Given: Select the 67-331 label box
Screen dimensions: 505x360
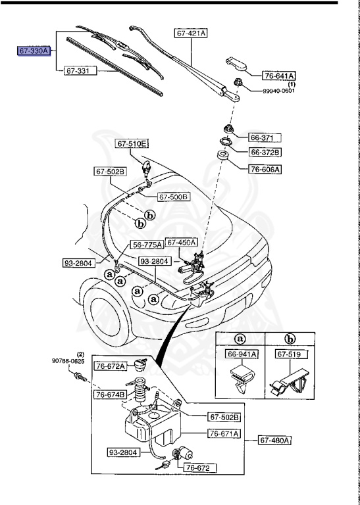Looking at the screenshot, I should [79, 69].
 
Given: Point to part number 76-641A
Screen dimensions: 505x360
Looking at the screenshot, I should [280, 76].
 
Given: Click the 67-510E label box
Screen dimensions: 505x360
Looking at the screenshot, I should [133, 143].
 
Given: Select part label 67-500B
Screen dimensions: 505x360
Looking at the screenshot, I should [174, 197].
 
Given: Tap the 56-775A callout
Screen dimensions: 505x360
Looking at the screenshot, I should [147, 245].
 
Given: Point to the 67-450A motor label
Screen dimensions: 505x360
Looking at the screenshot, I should [181, 242].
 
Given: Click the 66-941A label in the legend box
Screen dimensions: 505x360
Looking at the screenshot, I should [242, 354].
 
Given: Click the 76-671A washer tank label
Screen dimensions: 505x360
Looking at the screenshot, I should [224, 433].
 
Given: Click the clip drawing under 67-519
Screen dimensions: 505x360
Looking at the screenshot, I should [290, 381].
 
